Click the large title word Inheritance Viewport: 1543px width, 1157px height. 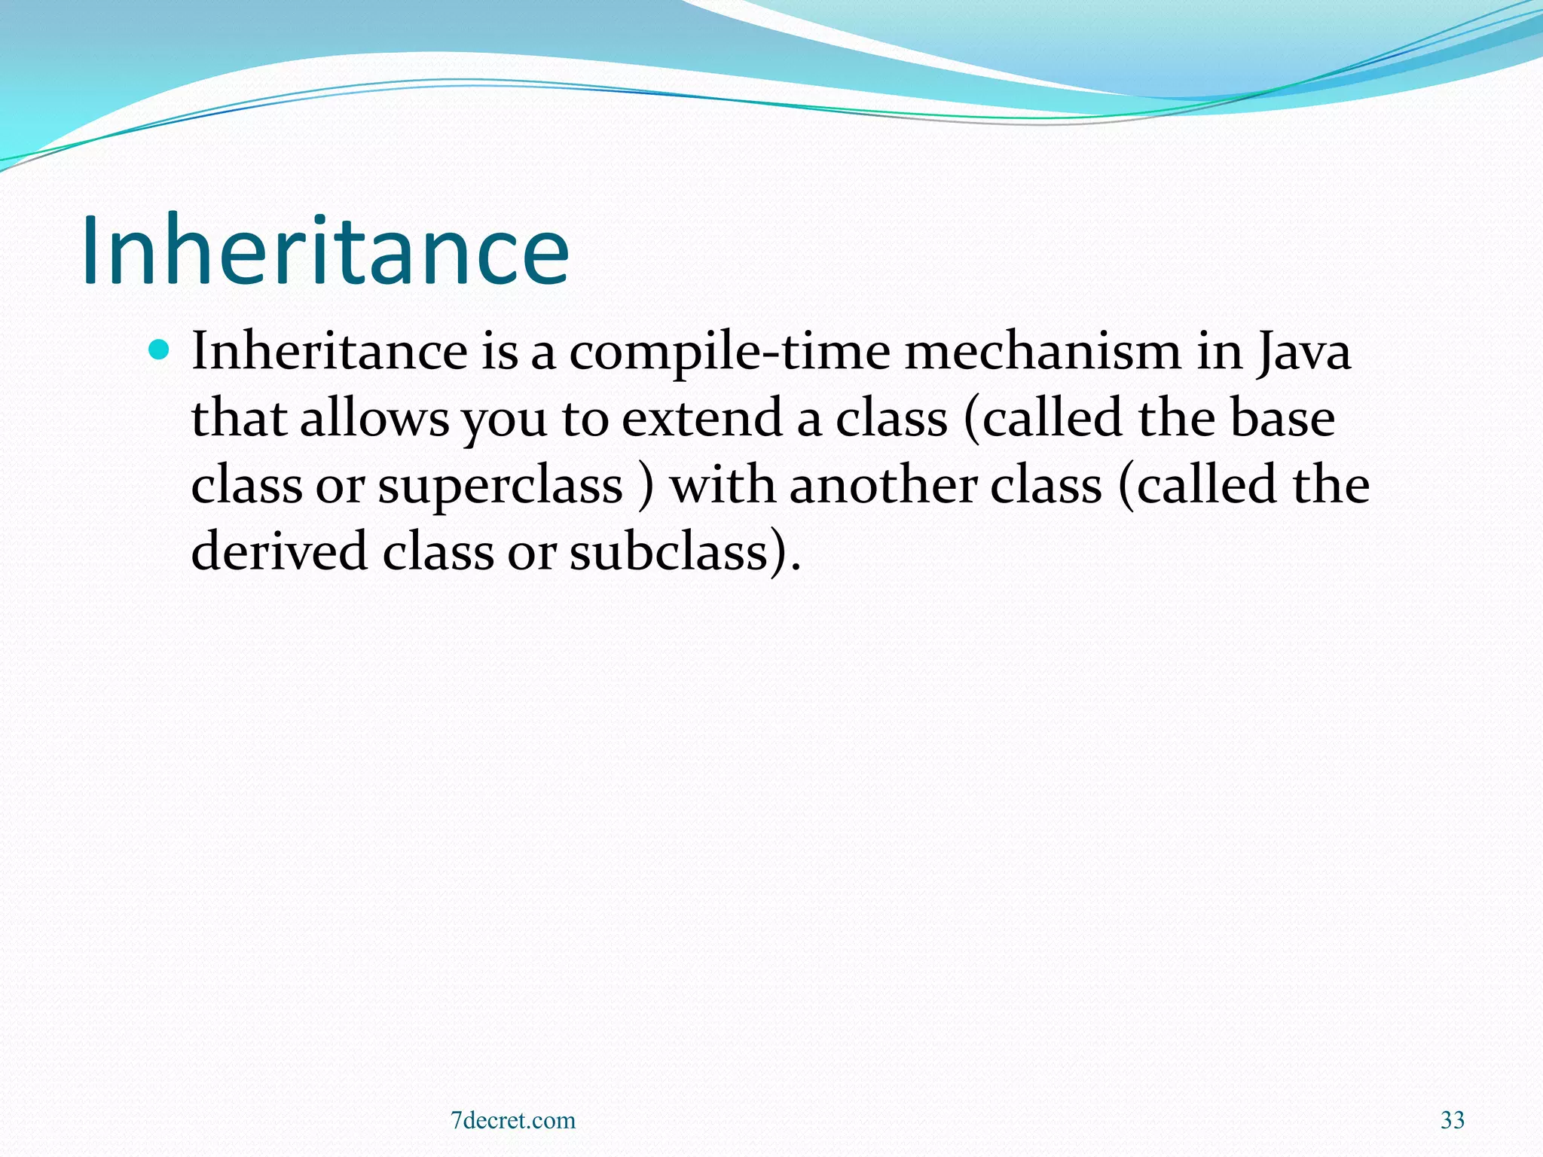325,250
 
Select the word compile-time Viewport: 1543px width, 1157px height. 729,353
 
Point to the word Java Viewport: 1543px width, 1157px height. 1304,353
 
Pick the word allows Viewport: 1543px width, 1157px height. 374,418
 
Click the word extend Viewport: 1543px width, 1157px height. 702,418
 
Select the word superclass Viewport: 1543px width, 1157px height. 500,486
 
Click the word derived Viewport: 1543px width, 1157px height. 280,551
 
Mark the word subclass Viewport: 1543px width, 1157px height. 668,551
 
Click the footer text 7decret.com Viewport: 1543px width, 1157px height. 513,1120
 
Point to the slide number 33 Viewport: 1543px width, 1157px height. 1453,1120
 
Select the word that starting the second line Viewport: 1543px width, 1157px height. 238,418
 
